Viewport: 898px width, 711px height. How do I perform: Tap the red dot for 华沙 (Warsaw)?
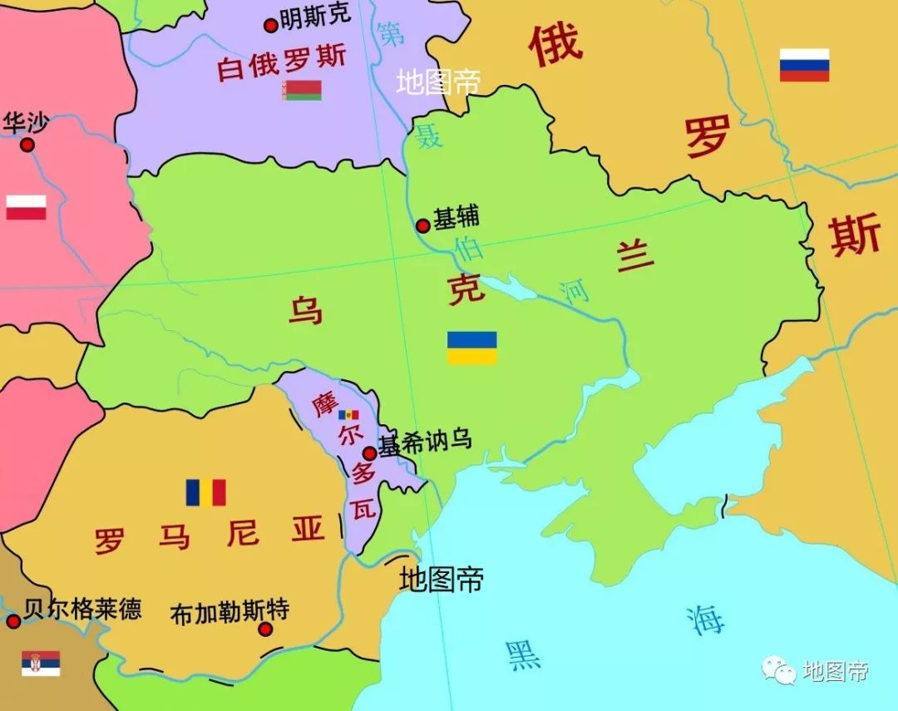click(x=27, y=145)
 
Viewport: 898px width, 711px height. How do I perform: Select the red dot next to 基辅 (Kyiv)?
click(x=423, y=225)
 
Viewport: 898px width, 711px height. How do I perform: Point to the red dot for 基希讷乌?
click(x=369, y=453)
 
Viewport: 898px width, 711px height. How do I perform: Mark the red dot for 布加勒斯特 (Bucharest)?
click(x=265, y=629)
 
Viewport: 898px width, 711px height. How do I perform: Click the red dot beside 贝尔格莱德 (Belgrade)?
click(x=13, y=621)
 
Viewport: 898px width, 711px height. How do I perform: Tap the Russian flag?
click(x=804, y=65)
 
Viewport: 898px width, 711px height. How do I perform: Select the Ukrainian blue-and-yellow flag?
click(x=471, y=348)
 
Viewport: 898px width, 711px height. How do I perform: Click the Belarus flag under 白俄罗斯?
click(x=302, y=91)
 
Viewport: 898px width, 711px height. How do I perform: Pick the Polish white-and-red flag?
click(x=26, y=207)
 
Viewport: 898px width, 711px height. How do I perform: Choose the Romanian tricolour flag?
click(x=205, y=492)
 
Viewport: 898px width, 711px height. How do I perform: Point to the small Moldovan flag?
click(x=348, y=414)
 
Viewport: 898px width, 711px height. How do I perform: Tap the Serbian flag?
click(x=41, y=663)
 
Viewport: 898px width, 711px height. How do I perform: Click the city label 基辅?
click(x=456, y=217)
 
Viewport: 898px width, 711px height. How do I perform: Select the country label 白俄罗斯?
click(x=281, y=64)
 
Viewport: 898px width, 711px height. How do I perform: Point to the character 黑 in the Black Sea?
click(x=524, y=654)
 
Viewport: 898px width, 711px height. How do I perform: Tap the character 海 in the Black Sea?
click(x=705, y=620)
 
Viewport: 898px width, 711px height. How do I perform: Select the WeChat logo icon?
click(x=779, y=669)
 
